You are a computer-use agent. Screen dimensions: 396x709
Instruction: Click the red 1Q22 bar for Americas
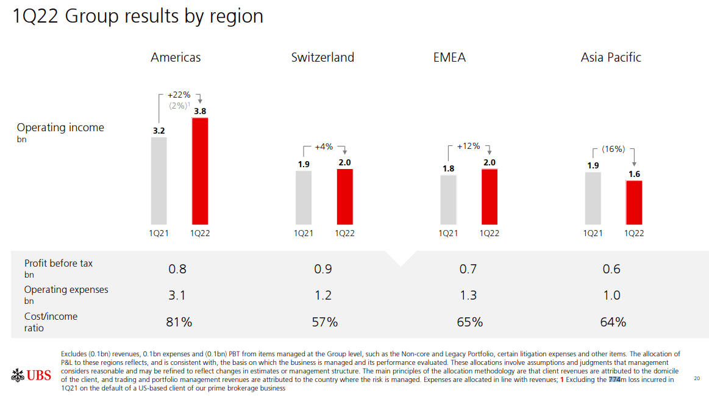tap(200, 171)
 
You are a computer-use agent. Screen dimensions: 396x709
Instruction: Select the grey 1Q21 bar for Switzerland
tap(304, 197)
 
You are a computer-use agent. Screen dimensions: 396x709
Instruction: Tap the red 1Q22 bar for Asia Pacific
tap(634, 202)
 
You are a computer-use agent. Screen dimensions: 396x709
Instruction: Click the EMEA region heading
tap(449, 57)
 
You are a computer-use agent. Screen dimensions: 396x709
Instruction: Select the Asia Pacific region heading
tap(611, 57)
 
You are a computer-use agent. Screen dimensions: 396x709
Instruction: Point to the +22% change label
tap(179, 95)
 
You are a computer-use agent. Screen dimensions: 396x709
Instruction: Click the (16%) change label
tap(613, 149)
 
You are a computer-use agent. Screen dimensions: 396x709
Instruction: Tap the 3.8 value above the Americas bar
tap(200, 111)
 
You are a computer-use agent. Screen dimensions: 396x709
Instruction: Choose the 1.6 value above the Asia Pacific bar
tap(634, 175)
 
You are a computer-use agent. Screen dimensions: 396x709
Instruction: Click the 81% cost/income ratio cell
tap(179, 322)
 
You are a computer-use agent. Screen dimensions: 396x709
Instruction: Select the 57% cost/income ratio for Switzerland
tap(324, 322)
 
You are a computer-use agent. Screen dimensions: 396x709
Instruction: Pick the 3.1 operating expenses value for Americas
tap(177, 295)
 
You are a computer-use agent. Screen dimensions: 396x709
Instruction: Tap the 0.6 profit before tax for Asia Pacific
tap(611, 269)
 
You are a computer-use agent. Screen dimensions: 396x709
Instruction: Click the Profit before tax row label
tap(59, 264)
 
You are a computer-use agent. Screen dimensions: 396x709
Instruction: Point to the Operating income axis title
tap(60, 128)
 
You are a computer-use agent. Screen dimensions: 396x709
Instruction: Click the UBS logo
tap(31, 375)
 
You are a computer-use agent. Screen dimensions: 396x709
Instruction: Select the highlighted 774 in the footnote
tap(615, 380)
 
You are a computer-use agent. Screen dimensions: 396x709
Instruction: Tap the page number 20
tap(697, 379)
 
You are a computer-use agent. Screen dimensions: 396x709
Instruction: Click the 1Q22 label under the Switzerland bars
tap(344, 234)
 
